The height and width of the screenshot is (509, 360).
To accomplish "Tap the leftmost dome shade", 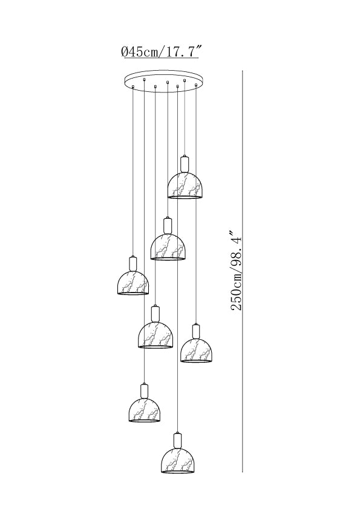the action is click(x=133, y=282).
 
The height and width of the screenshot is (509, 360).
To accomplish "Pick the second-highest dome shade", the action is click(x=168, y=247).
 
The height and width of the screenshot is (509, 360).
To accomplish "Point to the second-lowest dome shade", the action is click(x=144, y=410).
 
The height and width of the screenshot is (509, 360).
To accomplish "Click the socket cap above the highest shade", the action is click(x=185, y=164).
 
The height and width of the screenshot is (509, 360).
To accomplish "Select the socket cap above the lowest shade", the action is click(x=177, y=440).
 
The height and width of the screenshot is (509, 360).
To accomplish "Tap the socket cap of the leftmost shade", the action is click(x=133, y=263).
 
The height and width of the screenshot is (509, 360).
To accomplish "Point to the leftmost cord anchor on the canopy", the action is click(x=133, y=86).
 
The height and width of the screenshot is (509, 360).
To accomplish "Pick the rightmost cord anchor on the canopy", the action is click(x=196, y=85).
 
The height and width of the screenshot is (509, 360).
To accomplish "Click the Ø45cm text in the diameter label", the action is click(x=139, y=51).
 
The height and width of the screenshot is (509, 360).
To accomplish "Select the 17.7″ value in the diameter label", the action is click(x=183, y=51).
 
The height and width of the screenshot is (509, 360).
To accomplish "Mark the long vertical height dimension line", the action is click(x=243, y=271).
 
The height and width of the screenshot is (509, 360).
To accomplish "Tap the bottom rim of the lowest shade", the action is click(x=177, y=472).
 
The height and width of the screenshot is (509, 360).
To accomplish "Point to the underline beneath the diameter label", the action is click(x=159, y=58).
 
